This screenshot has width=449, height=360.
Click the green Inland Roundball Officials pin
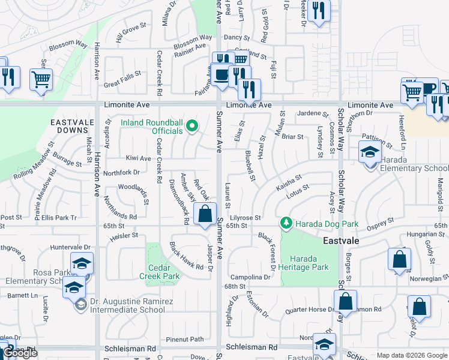point(192,125)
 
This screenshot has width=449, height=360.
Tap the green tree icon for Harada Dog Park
point(286,224)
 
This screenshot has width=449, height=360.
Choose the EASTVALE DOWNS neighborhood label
point(71,126)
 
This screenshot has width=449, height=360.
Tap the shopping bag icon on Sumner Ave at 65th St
point(205,214)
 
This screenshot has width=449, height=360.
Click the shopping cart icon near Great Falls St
point(41,79)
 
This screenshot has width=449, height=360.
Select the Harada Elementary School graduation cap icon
point(370,152)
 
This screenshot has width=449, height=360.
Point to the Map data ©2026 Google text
point(412,355)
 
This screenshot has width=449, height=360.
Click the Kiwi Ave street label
point(138,158)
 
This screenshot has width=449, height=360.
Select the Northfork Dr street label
point(121,172)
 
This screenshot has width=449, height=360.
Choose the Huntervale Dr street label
point(70,247)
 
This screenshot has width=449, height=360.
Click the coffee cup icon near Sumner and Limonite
point(221,75)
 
